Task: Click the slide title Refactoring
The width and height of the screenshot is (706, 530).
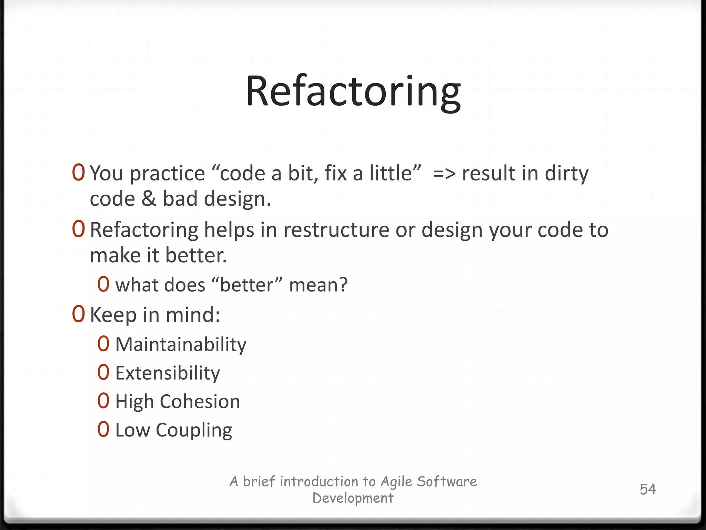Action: pos(353,92)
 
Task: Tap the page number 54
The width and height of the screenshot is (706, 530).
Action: pos(648,489)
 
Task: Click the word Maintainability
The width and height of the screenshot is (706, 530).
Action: pos(181,345)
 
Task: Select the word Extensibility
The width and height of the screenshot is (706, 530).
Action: pos(168,373)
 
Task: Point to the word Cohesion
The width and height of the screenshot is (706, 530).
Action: pos(200,402)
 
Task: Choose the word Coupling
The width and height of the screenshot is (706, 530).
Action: pos(194,430)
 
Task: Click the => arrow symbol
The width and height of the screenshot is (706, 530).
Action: pos(444,174)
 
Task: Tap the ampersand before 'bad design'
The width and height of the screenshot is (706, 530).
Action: pos(149,199)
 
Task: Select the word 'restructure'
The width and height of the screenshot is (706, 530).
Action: pos(336,230)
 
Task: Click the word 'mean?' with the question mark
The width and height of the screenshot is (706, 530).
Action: pos(318,285)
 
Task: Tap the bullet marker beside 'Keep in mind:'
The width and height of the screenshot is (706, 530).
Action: pos(78,314)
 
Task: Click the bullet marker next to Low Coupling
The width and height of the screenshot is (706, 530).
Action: pos(103,430)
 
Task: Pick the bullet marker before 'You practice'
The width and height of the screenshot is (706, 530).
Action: pos(78,173)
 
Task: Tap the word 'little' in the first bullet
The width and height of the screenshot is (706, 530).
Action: pos(395,173)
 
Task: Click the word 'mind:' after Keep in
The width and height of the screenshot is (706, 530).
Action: pos(193,315)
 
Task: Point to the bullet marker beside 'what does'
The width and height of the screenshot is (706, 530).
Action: pos(103,284)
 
